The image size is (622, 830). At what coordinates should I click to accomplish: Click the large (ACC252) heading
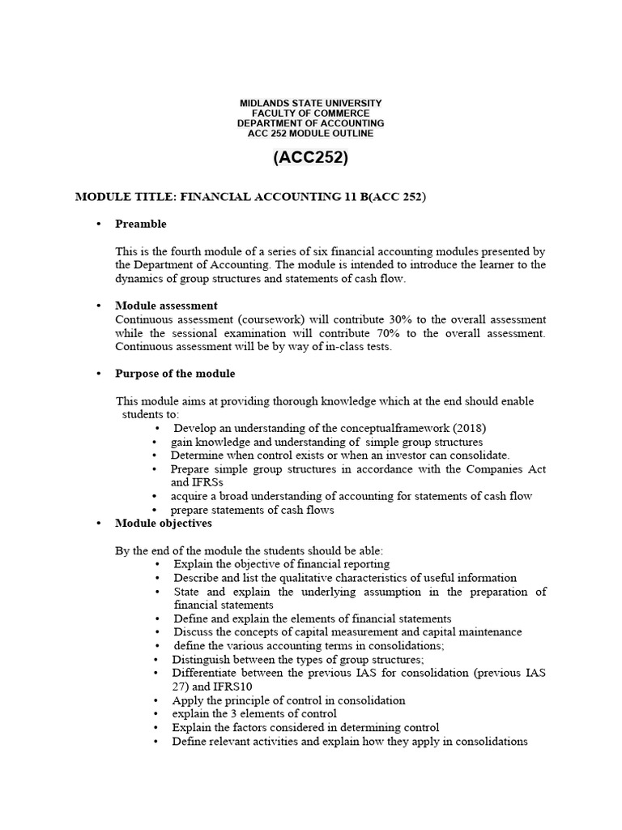pos(310,159)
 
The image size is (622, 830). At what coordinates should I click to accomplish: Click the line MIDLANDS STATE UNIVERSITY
pos(310,104)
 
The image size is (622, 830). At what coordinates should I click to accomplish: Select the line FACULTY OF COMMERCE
pos(310,113)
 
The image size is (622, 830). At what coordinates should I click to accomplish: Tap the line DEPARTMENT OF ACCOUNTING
pos(310,123)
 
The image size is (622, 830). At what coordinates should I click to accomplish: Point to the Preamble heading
pos(141,224)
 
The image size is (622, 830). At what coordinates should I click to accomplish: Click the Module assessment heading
pos(166,306)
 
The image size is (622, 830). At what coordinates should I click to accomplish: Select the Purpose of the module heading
pos(175,374)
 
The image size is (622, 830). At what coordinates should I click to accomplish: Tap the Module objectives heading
pos(164,524)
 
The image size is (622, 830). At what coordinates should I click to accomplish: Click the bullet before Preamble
pos(97,225)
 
